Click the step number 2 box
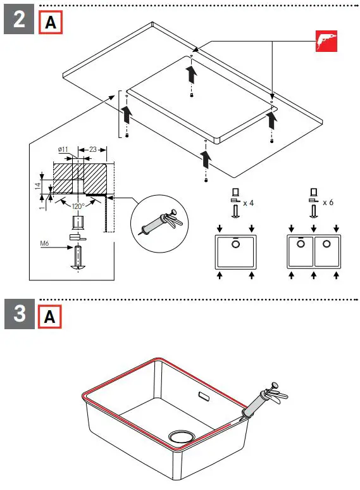tap(20, 20)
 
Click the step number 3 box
tap(20, 314)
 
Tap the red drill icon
tap(326, 41)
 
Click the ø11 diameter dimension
tap(63, 149)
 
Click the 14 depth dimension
tap(37, 186)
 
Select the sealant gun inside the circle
tap(156, 223)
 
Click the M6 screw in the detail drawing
tap(78, 257)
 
